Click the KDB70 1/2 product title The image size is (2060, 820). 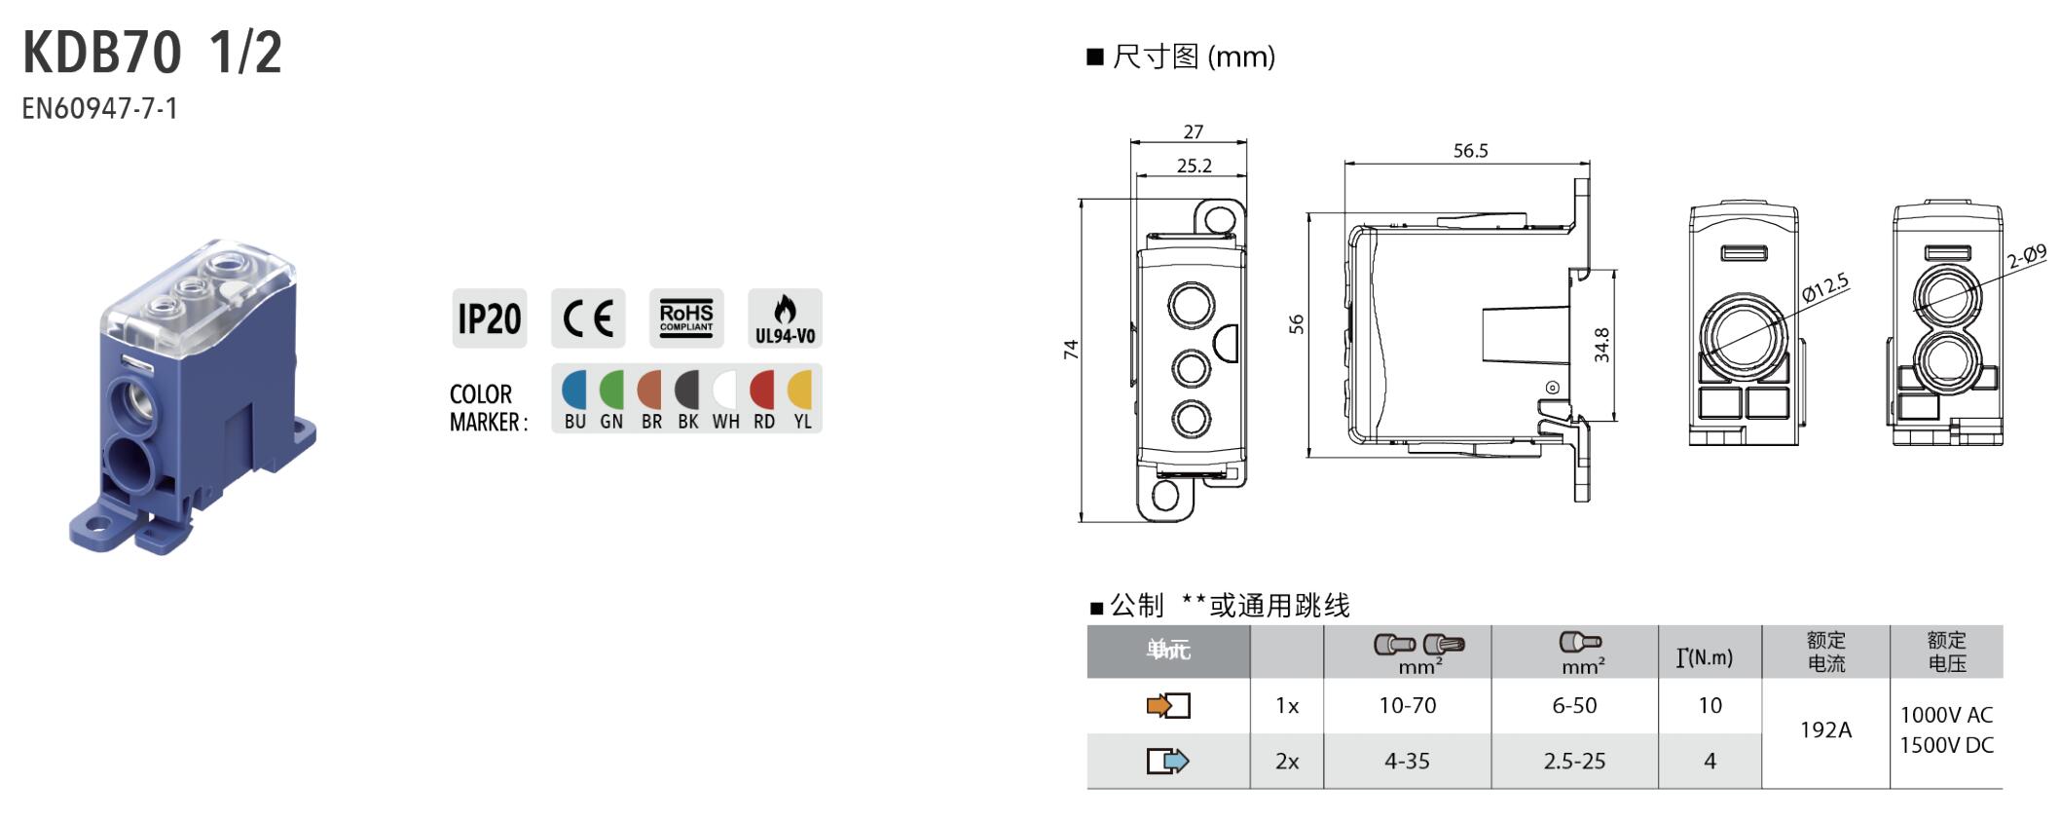(152, 53)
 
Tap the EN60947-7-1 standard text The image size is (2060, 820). (100, 108)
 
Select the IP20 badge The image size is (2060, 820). (489, 318)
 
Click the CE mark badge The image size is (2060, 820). (588, 318)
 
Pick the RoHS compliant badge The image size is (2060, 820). (686, 318)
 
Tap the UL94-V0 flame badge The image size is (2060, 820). (785, 318)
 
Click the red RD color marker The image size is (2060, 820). (763, 391)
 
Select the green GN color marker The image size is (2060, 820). (611, 391)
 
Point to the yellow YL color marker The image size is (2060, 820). (801, 391)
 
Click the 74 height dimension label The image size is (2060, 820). (1071, 349)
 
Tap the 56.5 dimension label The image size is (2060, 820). (1470, 151)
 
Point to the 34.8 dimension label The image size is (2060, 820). (1601, 345)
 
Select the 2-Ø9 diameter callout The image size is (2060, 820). (2026, 256)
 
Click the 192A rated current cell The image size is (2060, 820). (1825, 729)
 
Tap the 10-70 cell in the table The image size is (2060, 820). (1407, 705)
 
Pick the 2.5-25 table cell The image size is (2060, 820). (1574, 761)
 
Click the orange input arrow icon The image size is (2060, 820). (1167, 705)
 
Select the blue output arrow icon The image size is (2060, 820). (1167, 761)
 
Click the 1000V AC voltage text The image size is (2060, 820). (1946, 715)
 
